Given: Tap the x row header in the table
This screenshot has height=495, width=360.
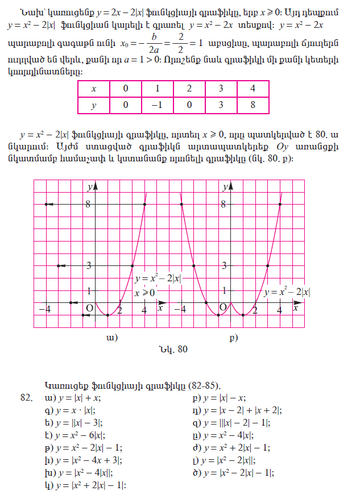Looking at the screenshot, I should click(x=93, y=89).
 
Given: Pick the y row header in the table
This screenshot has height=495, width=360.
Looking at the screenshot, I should click(x=93, y=105).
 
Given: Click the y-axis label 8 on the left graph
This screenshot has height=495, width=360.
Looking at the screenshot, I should click(x=88, y=204).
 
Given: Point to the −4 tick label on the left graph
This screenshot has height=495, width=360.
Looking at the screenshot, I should click(x=44, y=309).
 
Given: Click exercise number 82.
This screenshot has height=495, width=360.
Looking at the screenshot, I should click(x=26, y=398).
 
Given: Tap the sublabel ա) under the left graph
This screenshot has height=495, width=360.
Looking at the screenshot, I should click(x=112, y=338).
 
